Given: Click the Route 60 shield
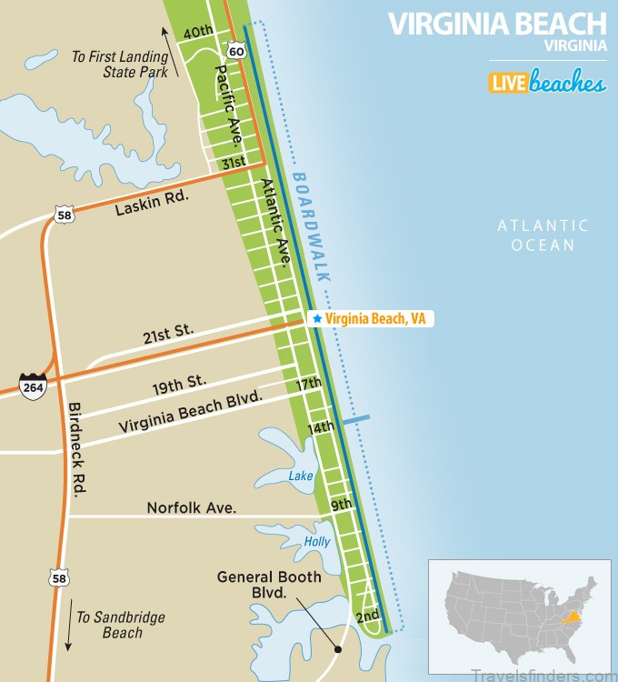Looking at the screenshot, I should coord(236,52).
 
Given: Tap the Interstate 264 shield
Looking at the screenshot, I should coord(33,386).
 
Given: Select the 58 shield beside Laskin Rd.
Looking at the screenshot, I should coord(62,216).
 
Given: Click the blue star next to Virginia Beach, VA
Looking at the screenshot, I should coord(316,319).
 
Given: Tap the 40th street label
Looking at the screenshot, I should coord(198,32).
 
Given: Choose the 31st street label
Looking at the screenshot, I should coord(234,163).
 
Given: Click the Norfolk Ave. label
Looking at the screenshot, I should coord(192,507).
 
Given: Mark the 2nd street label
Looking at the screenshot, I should coord(367,617).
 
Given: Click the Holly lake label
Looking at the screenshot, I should coord(316,542).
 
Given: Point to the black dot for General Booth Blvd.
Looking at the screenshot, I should coord(337,649).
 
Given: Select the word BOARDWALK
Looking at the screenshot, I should coord(312,226).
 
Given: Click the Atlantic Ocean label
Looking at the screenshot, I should coord(543,235).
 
